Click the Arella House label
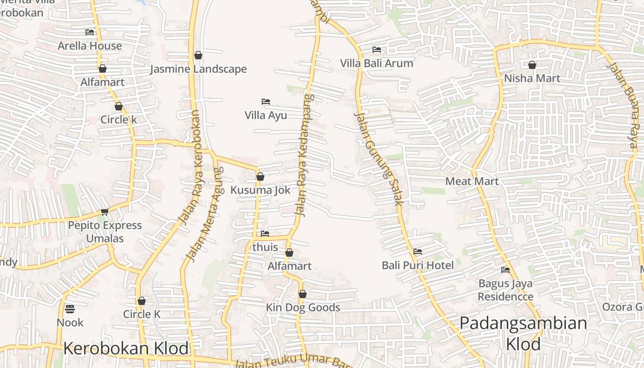click(x=90, y=46)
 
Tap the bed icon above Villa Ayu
click(x=265, y=102)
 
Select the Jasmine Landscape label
click(x=198, y=69)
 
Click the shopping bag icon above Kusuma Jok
click(x=260, y=177)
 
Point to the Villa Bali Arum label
click(x=376, y=63)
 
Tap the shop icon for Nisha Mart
click(x=532, y=65)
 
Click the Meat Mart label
click(x=471, y=181)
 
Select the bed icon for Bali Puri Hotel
click(x=418, y=252)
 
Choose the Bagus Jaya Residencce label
click(x=505, y=290)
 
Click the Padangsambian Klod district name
click(x=523, y=333)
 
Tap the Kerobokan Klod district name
click(x=126, y=348)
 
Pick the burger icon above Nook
click(x=70, y=309)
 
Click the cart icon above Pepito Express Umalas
click(x=105, y=212)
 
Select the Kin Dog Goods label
click(x=303, y=308)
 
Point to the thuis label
click(x=265, y=247)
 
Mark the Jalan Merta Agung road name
click(x=205, y=213)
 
